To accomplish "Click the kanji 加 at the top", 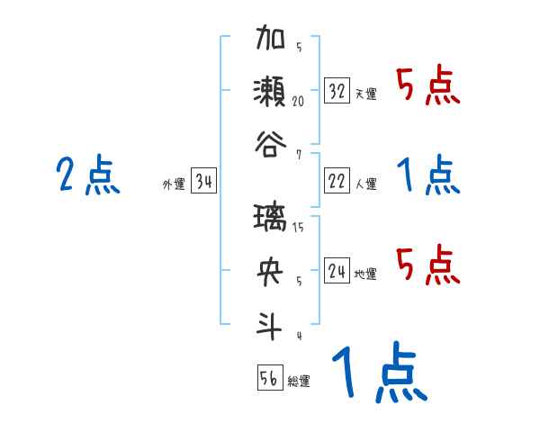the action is click(x=270, y=42).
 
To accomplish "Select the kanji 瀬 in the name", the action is click(x=270, y=92).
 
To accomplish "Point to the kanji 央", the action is click(x=270, y=271).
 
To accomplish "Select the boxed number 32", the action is click(x=337, y=91).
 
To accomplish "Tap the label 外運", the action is click(x=173, y=184).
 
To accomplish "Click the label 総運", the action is click(x=299, y=382).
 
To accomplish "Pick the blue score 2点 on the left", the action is click(x=87, y=175).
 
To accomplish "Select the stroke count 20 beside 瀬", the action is click(x=298, y=102).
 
